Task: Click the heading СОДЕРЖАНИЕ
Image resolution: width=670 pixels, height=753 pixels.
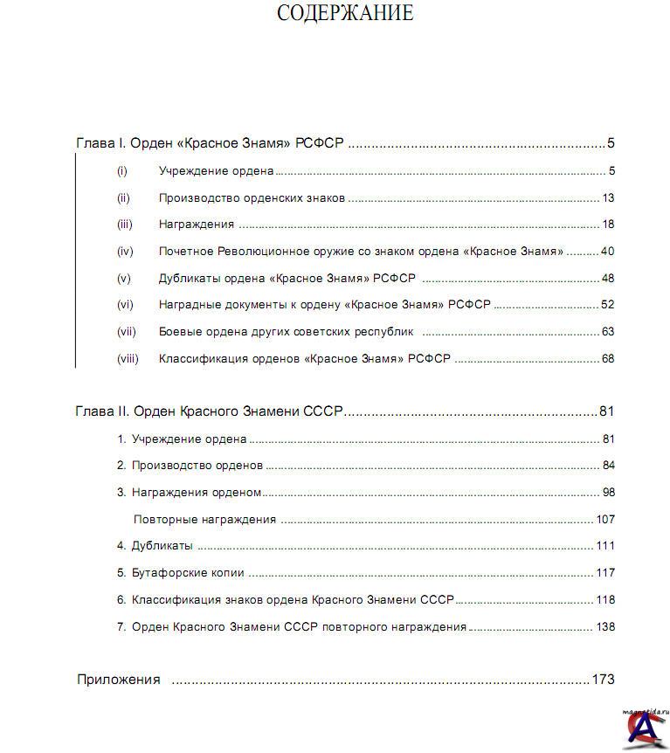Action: point(345,13)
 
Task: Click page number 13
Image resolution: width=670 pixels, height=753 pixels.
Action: point(608,197)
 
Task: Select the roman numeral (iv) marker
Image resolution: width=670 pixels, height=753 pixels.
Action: point(125,252)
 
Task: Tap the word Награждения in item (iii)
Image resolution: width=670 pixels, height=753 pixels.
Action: point(197,225)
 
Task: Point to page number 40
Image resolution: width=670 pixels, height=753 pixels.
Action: point(608,252)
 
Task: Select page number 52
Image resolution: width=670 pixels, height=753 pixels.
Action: point(608,305)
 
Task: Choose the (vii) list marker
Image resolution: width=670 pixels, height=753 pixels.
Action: point(127,332)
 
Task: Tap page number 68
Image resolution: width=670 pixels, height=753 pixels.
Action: point(608,359)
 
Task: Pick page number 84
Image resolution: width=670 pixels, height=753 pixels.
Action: point(608,466)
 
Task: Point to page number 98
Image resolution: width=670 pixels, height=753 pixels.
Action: point(608,493)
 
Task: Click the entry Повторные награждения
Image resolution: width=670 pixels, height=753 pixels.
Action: point(204,520)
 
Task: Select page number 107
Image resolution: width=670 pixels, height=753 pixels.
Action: point(605,520)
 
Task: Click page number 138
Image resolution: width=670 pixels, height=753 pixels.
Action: point(605,627)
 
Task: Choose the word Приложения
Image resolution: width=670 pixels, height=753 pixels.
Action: point(119,680)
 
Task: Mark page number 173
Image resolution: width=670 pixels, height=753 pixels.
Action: point(604,680)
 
